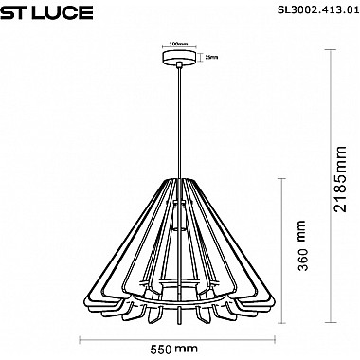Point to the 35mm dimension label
click(212, 57)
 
